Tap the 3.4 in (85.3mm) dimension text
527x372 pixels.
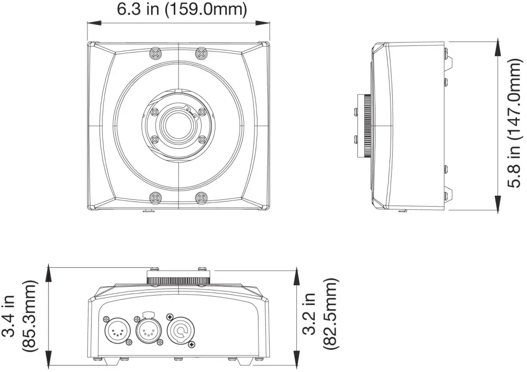[x=20, y=316]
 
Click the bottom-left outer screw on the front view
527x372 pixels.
[x=155, y=198]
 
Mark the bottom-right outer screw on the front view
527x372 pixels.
[x=201, y=198]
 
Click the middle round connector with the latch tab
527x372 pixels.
[x=148, y=331]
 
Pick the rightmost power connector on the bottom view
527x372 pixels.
[x=181, y=331]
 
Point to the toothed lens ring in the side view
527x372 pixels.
[x=364, y=126]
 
